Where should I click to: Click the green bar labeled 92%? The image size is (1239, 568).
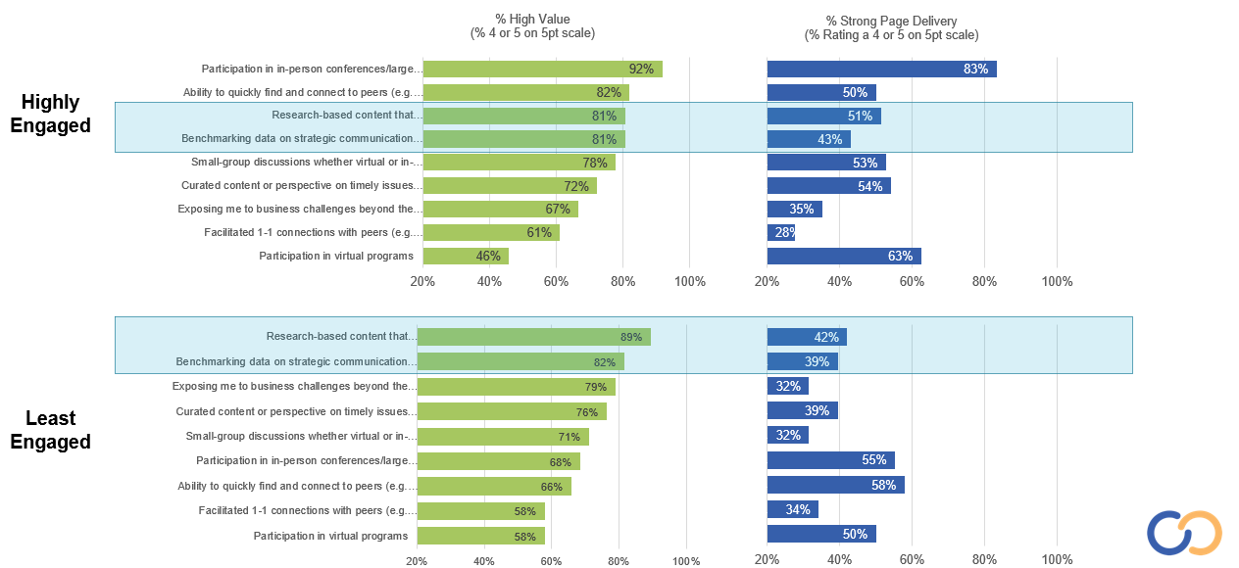[542, 69]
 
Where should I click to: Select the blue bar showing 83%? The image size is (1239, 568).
[881, 69]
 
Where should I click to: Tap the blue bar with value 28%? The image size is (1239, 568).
[781, 232]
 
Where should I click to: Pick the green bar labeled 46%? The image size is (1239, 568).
[466, 256]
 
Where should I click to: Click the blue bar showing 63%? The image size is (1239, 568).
[844, 256]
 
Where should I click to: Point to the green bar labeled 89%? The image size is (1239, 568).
[534, 337]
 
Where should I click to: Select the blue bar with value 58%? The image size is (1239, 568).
[835, 485]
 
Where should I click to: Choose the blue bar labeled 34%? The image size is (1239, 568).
[792, 509]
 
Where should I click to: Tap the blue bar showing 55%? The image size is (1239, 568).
[830, 460]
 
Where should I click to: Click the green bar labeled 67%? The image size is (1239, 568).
[500, 209]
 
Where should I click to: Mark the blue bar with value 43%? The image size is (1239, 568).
[809, 139]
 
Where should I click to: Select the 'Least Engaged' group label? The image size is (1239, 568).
[51, 430]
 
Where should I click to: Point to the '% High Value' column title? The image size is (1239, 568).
[532, 26]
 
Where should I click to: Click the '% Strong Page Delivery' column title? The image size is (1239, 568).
[891, 27]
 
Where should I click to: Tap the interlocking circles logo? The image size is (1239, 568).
[1184, 533]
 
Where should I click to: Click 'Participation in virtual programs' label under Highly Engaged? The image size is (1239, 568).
[335, 256]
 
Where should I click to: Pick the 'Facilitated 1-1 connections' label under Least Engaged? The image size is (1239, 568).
[308, 510]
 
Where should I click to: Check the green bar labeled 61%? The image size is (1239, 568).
[491, 232]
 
